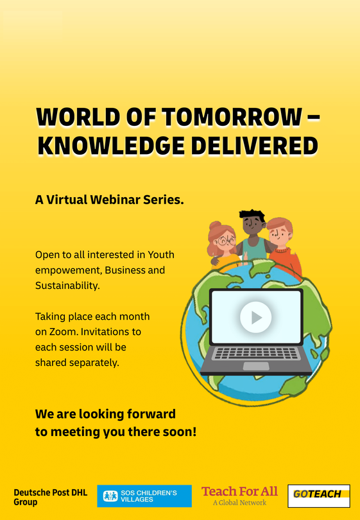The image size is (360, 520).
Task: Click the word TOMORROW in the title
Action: (232, 117)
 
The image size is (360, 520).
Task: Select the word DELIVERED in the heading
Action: (255, 146)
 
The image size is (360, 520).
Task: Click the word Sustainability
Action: (67, 286)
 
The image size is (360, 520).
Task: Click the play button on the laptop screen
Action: (255, 317)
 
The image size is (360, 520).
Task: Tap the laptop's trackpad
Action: (256, 366)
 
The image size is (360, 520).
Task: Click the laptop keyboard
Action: (256, 353)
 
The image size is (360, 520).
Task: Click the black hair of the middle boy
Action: (252, 216)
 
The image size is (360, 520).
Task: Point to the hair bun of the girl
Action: (215, 225)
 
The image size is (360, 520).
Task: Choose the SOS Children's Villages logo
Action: (144, 496)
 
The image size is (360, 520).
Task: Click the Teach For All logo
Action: (239, 492)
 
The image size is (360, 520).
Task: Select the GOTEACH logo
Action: (319, 496)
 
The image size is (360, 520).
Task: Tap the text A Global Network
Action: (239, 503)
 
